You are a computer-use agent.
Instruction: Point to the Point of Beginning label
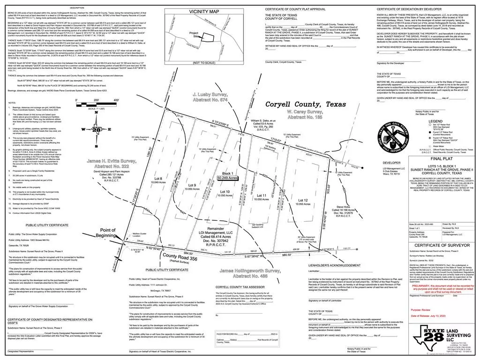(x=105, y=232)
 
